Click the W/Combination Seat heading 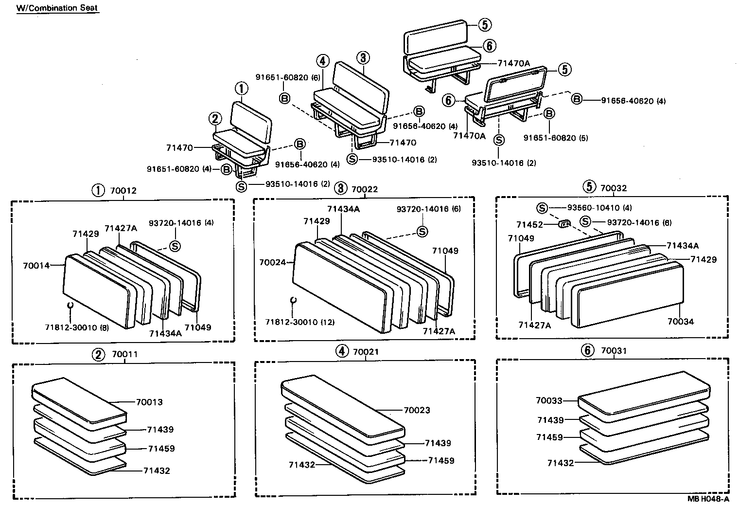point(57,9)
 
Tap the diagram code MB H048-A point(708,499)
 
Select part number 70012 point(123,191)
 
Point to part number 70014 point(37,266)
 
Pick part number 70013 point(149,402)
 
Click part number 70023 point(417,410)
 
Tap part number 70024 point(273,262)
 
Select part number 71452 point(529,225)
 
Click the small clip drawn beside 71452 point(563,224)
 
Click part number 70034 point(680,322)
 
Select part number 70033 point(549,401)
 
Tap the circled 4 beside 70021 point(342,351)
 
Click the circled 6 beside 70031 point(588,351)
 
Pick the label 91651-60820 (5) point(556,138)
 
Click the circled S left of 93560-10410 point(542,208)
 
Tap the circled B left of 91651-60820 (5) point(549,114)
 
